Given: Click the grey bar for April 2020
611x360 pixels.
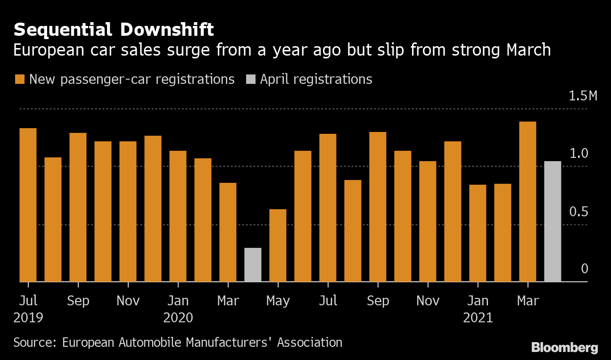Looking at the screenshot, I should pos(253,265).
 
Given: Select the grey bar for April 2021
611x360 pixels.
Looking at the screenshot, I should pos(553,221).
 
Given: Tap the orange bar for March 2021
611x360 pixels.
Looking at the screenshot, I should pos(528,202).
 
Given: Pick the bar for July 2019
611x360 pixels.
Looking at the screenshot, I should pos(28,205).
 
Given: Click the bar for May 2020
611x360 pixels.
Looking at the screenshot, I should pos(278,245).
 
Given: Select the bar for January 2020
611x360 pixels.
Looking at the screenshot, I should pos(178,216).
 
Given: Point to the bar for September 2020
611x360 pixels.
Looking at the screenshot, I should pos(378,207).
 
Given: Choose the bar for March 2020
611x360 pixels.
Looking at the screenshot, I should pos(228,232).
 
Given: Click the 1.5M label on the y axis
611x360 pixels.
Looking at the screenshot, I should pos(583,97).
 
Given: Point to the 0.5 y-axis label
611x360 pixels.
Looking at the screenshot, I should pos(579,212).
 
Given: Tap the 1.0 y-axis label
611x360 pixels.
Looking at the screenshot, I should pos(579,154).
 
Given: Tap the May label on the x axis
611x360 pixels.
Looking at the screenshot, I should pos(278,301).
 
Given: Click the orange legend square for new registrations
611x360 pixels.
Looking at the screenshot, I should pos(19,79).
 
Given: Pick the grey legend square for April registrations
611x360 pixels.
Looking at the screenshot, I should pos(251,79).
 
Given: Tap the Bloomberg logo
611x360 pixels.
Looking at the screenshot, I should pos(564,348).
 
